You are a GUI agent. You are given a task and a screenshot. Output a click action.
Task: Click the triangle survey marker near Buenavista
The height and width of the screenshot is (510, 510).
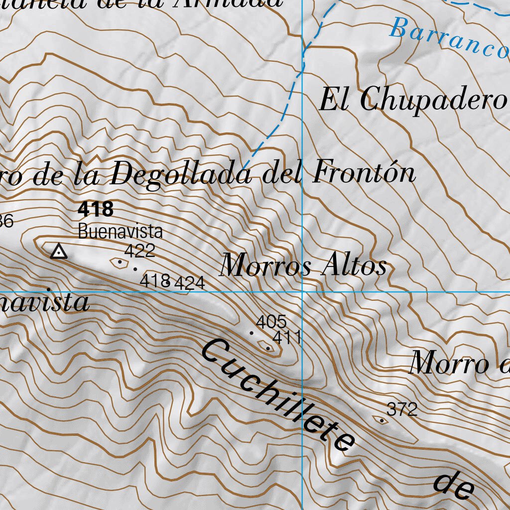coord(59,252)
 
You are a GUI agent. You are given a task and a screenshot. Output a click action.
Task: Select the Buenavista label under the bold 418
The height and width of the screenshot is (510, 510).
coord(120,232)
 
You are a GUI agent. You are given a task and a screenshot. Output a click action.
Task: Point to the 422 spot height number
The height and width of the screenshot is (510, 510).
coord(139,251)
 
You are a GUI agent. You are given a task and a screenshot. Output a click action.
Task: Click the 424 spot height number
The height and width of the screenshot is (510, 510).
coord(190,283)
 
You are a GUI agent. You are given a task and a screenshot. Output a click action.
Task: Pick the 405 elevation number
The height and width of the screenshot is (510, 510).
coord(271,321)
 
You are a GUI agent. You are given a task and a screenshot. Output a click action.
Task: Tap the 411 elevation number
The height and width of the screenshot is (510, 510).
coord(287,338)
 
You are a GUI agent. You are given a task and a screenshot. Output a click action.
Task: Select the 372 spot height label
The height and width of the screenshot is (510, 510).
coord(402,410)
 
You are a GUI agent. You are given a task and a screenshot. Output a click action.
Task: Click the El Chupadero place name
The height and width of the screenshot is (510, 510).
coord(413,100)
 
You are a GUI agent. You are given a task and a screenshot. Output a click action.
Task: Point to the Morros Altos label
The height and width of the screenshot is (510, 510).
coord(303,265)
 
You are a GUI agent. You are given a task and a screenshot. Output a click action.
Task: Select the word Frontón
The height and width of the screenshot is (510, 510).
coord(364,173)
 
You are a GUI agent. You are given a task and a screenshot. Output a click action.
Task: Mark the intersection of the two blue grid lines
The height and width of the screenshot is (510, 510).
coord(302,292)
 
